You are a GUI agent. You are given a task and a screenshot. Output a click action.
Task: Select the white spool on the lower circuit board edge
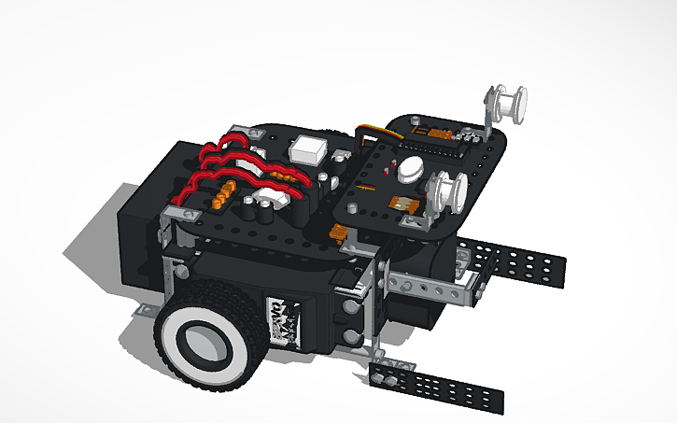tap(446, 190)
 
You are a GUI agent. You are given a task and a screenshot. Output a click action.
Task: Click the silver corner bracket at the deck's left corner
tap(168, 224)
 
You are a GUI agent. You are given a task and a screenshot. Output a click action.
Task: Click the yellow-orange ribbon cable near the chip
tap(374, 136)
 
